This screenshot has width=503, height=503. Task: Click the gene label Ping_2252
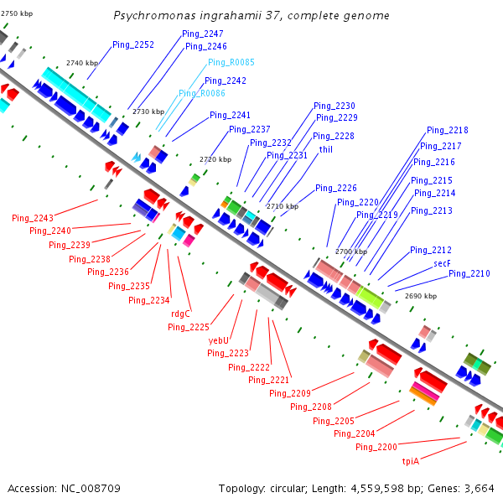point(133,45)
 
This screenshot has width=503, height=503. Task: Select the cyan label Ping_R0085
point(231,62)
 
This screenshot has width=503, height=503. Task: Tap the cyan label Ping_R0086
point(201,93)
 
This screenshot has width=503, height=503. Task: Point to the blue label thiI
point(326,149)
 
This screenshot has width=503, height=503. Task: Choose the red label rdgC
point(181,314)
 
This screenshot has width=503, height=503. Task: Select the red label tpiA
point(411,460)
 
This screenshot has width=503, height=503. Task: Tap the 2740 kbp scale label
point(81,63)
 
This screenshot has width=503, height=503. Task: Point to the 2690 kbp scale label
point(420,295)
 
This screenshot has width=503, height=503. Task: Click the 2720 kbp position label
point(215,159)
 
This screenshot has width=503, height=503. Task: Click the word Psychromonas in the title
point(148,16)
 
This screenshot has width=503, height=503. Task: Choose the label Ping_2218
point(448,130)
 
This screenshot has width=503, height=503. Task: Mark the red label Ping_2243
point(33,218)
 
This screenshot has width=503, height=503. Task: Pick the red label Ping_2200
point(376,447)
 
